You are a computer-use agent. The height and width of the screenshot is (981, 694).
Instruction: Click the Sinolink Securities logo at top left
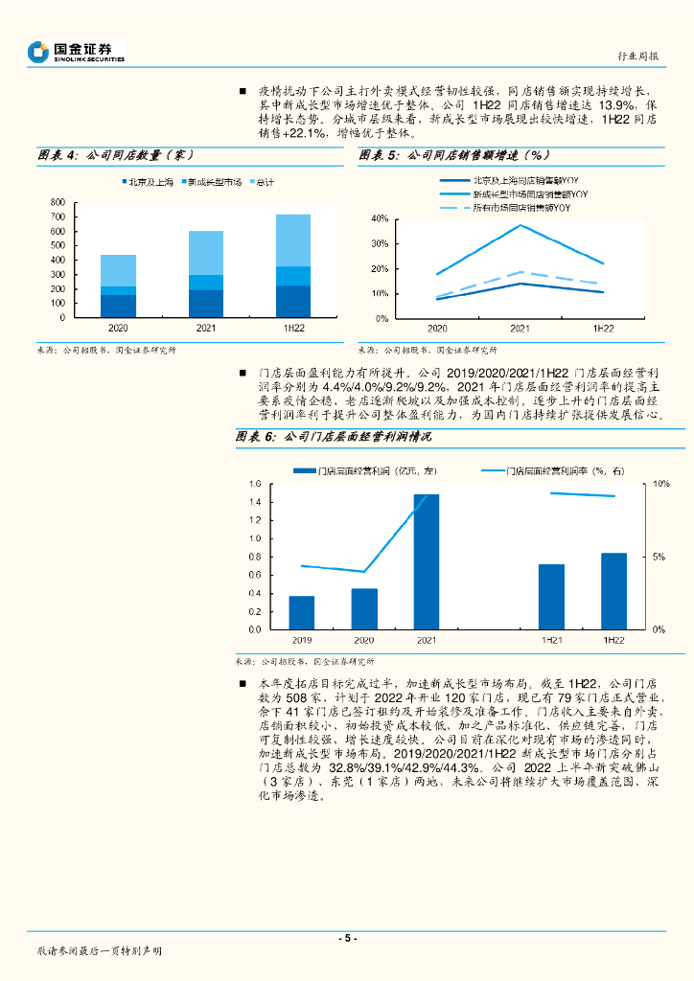pyautogui.click(x=77, y=52)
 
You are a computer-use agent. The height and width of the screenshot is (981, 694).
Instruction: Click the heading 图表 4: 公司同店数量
pyautogui.click(x=116, y=154)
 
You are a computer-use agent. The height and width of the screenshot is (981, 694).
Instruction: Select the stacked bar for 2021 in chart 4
pyautogui.click(x=205, y=274)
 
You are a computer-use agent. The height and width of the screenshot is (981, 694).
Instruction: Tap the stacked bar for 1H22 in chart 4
pyautogui.click(x=293, y=265)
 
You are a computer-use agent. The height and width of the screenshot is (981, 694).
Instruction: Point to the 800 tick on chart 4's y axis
pyautogui.click(x=57, y=202)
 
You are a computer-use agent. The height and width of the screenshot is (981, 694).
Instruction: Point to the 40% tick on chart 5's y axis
pyautogui.click(x=380, y=219)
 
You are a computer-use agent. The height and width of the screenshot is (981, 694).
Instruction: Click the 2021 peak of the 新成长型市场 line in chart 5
pyautogui.click(x=520, y=226)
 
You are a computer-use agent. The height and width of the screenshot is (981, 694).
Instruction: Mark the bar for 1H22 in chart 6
pyautogui.click(x=613, y=591)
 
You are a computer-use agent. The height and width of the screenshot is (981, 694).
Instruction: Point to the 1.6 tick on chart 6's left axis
pyautogui.click(x=254, y=484)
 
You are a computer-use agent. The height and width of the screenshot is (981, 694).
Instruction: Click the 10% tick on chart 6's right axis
pyautogui.click(x=661, y=484)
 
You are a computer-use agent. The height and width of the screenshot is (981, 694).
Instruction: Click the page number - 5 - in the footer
pyautogui.click(x=347, y=938)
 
